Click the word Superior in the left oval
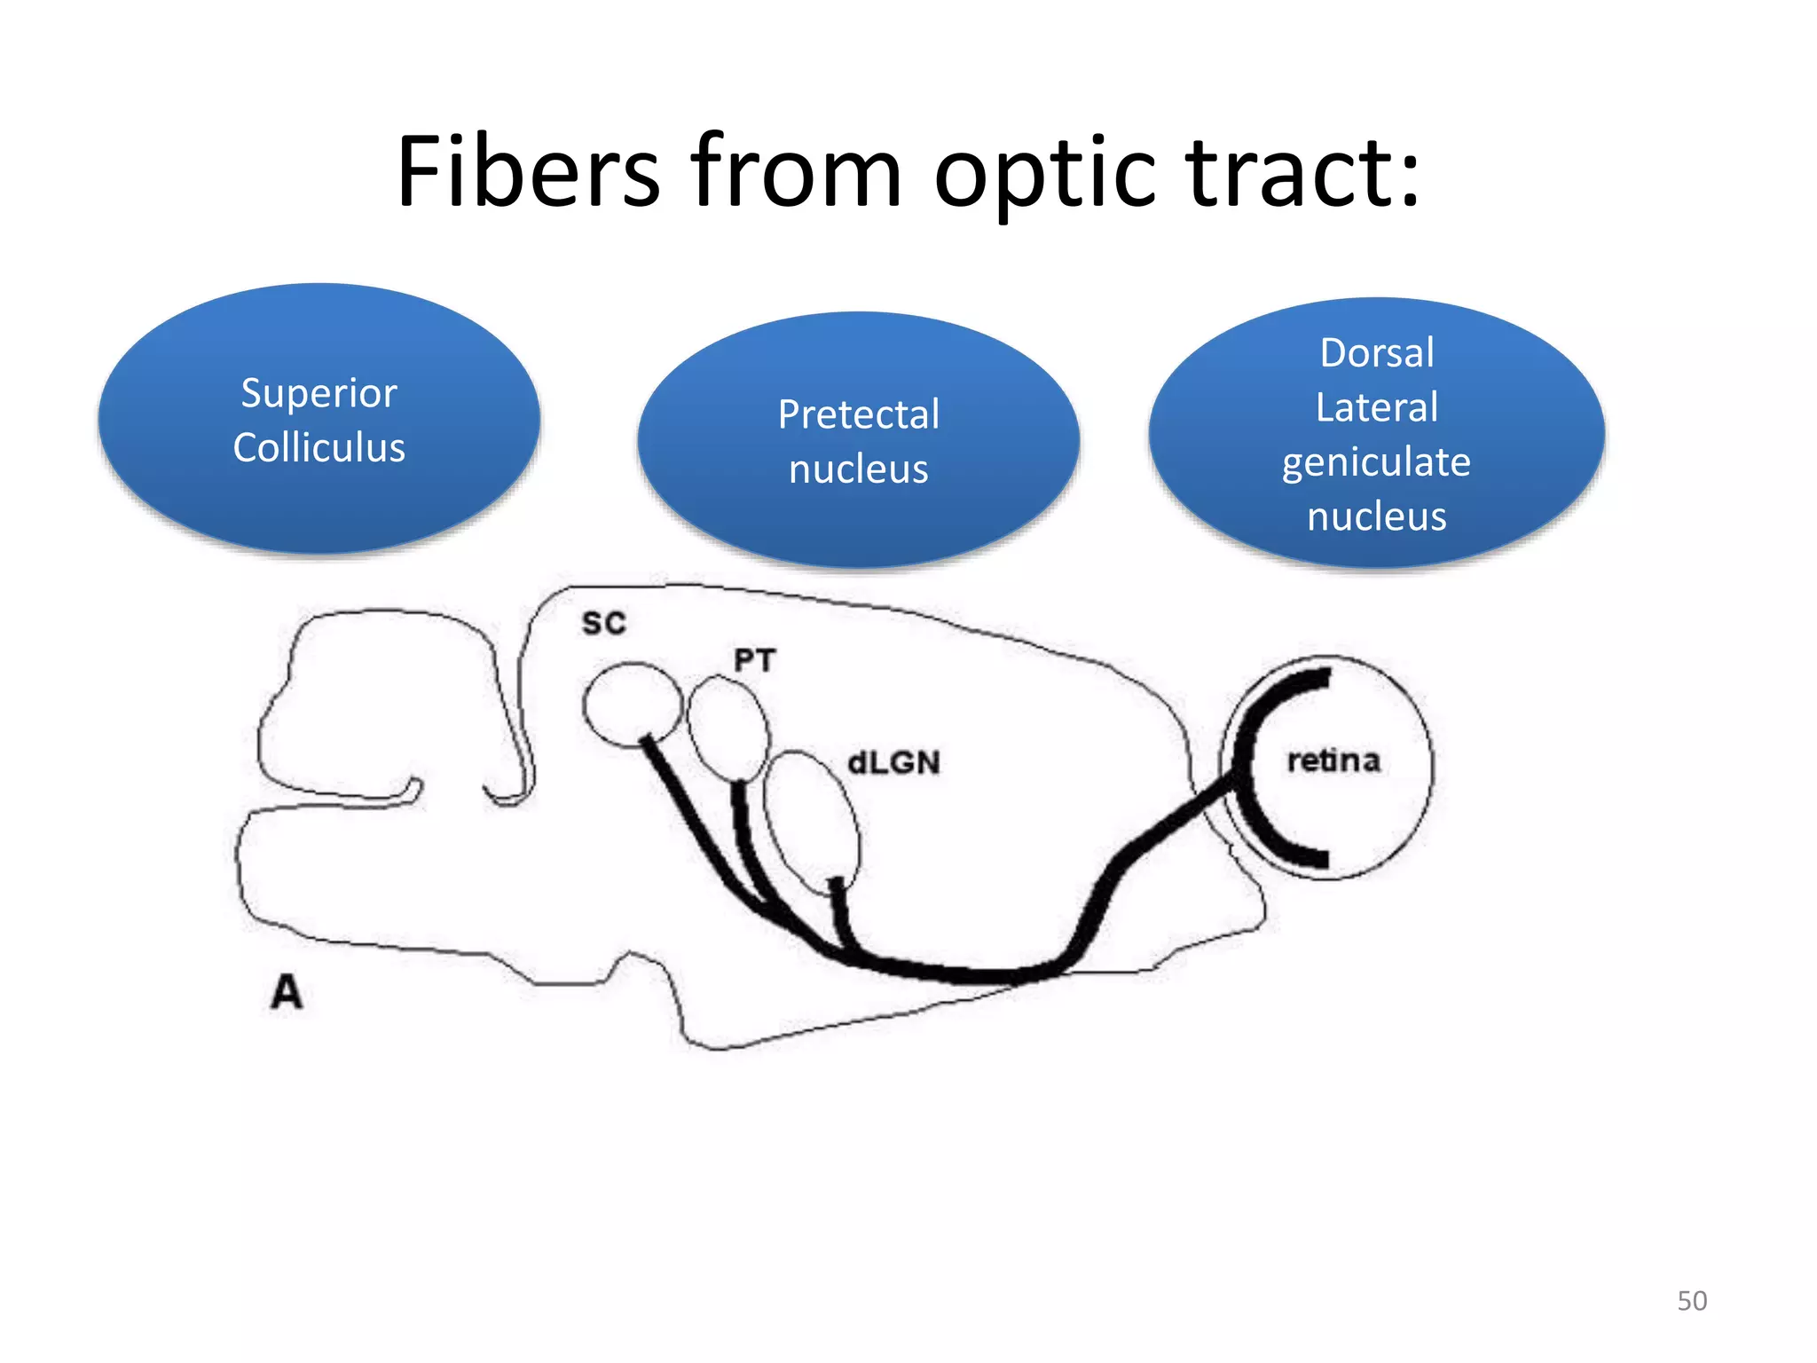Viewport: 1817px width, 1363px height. point(319,393)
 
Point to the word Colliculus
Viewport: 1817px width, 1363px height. point(319,447)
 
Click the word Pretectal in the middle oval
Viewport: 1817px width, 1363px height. point(858,414)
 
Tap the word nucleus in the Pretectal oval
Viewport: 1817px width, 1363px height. point(858,469)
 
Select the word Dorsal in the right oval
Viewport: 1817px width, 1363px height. point(1376,352)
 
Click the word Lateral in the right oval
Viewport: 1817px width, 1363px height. point(1376,407)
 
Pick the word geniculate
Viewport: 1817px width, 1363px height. point(1376,462)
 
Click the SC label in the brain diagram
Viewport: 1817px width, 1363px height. point(604,623)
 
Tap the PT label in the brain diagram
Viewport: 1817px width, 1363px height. point(754,660)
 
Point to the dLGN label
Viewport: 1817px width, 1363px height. point(893,762)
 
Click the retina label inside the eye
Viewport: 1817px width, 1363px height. point(1333,760)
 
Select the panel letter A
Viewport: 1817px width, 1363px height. point(287,992)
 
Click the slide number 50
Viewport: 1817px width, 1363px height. point(1691,1301)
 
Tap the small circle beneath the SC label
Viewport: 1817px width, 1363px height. point(631,703)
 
